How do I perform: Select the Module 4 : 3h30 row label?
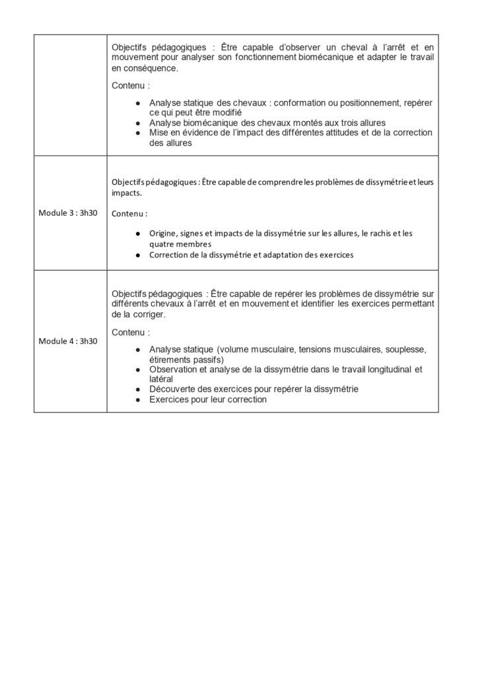(68, 341)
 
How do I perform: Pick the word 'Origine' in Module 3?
(163, 233)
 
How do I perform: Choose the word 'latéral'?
(161, 379)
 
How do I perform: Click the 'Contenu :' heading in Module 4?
(131, 331)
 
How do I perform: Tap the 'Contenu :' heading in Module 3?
(129, 214)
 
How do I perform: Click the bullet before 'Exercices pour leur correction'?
(137, 399)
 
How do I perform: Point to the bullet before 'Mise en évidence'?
(137, 133)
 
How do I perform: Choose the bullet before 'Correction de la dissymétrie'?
(137, 255)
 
